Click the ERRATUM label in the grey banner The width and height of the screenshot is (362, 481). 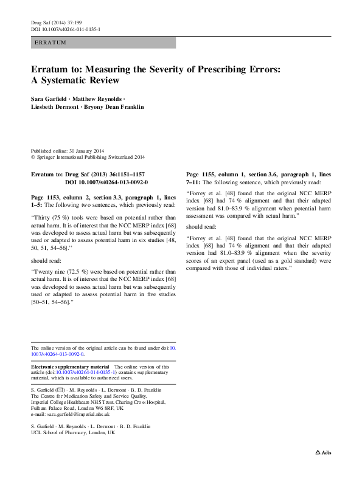50,43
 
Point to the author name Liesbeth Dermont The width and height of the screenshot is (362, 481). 54,107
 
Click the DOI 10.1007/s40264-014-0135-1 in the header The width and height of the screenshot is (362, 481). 66,29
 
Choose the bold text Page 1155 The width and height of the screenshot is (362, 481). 201,174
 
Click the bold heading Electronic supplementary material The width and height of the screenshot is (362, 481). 69,367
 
